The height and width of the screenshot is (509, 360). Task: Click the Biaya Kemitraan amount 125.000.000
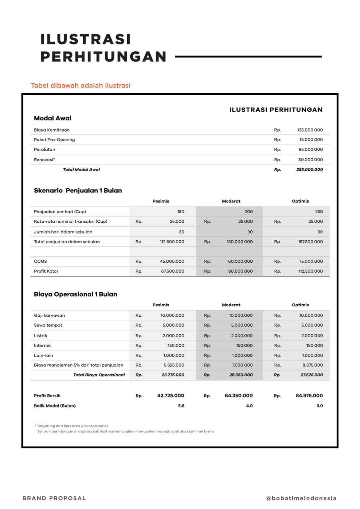point(310,130)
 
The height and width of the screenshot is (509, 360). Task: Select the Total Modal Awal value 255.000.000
point(310,170)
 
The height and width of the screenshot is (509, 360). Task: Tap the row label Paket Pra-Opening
point(54,140)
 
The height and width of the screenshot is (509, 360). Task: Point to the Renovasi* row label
point(44,160)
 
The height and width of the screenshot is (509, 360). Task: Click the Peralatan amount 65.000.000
point(310,150)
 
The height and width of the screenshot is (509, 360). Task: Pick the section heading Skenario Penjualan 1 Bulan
point(78,191)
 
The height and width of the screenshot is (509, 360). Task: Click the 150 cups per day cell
point(180,212)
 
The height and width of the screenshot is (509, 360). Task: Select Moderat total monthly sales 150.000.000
point(240,242)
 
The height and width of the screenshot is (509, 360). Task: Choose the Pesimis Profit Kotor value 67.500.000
point(172,271)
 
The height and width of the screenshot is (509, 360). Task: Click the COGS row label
point(40,261)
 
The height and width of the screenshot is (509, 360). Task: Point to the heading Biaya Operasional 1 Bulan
point(76,294)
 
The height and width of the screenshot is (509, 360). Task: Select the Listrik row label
point(40,335)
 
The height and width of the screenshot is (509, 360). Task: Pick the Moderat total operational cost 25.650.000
point(241,375)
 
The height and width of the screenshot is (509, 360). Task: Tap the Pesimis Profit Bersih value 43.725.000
point(171,396)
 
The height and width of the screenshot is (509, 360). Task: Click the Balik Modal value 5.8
point(181,406)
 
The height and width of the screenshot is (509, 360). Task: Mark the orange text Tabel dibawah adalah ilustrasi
point(81,86)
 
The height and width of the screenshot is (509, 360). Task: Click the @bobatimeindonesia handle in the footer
point(301,498)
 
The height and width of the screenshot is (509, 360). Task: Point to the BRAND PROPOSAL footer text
point(54,498)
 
